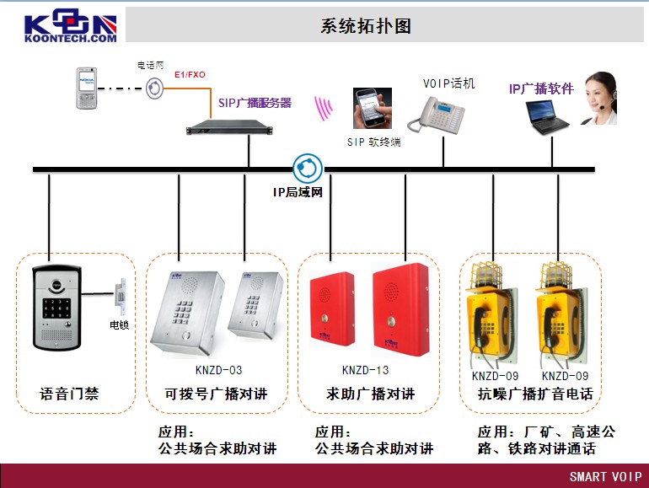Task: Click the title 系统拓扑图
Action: point(366,25)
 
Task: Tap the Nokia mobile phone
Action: point(85,89)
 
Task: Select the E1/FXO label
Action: point(190,75)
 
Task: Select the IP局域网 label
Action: point(298,192)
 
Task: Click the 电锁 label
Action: point(120,324)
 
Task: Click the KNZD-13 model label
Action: point(365,370)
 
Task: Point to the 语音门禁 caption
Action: point(69,394)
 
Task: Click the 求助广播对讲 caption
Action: point(371,394)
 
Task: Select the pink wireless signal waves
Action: point(324,108)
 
